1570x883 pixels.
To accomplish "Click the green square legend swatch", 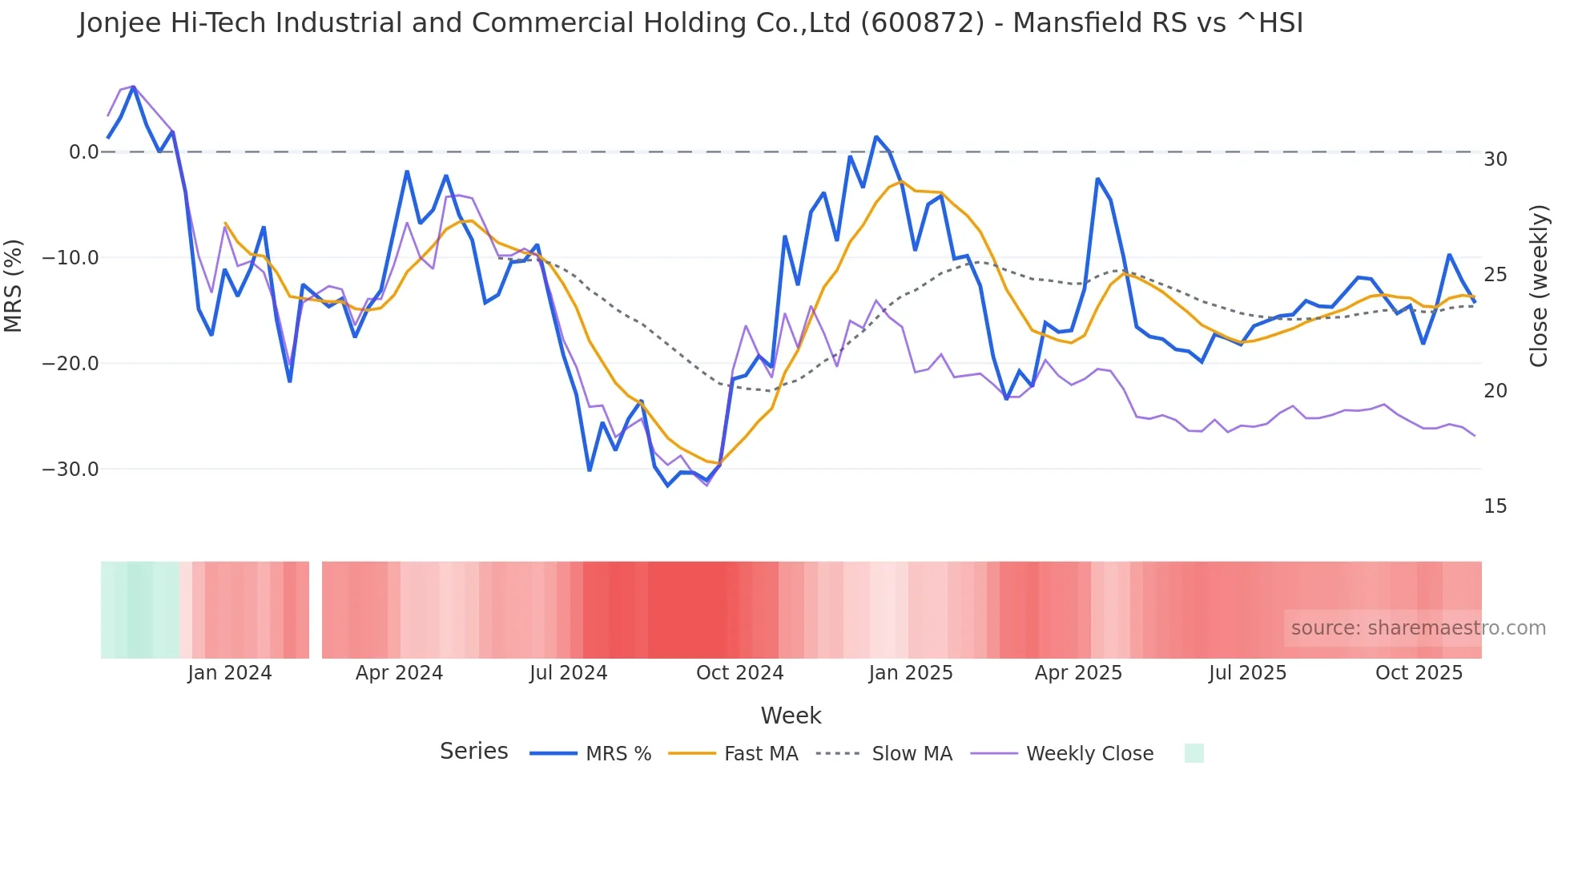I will tap(1194, 753).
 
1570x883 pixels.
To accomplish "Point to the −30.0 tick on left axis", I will tap(70, 470).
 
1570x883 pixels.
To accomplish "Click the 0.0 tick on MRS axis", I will tap(83, 152).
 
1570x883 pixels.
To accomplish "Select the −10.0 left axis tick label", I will tap(70, 258).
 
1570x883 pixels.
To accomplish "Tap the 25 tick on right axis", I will tap(1495, 275).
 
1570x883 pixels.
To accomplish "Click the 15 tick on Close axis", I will tap(1495, 506).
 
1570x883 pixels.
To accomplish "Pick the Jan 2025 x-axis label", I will tap(911, 673).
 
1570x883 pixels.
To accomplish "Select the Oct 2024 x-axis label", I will tap(739, 673).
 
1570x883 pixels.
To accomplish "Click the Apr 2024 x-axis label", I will tap(399, 673).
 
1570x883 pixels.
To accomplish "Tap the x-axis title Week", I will tap(791, 716).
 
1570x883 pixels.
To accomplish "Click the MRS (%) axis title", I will tap(14, 285).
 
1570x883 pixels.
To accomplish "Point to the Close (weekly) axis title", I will tap(1539, 286).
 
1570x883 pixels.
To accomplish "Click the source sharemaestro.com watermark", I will tap(1418, 628).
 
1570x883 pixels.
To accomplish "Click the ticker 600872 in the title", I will tap(922, 23).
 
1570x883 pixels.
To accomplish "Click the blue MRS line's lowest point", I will tap(667, 486).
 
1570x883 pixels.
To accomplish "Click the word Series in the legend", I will tap(473, 752).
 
